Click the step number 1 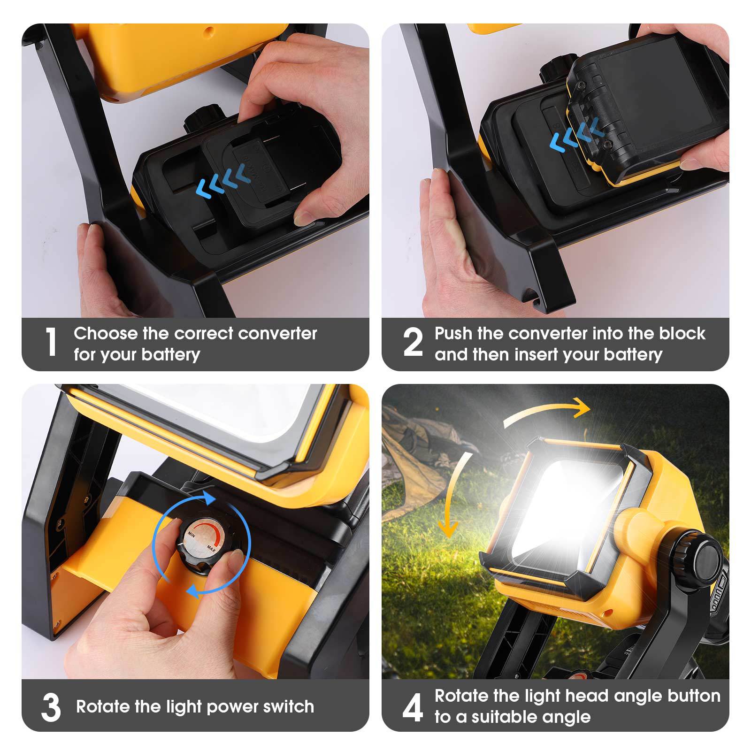tap(51, 342)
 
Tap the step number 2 tap(413, 343)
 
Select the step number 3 tap(51, 708)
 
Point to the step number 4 tap(413, 708)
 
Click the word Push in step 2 tap(453, 334)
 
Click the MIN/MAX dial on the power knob tap(202, 541)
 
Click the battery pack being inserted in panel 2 tap(643, 108)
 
